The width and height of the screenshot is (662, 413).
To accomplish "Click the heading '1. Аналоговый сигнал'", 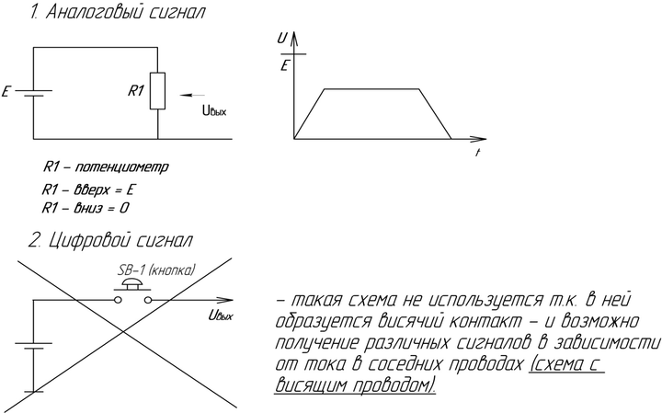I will (118, 14).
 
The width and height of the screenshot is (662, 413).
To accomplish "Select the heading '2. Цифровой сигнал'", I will (110, 241).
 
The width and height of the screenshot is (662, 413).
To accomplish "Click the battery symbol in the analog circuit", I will (33, 93).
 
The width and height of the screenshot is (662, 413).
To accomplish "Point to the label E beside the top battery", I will (7, 93).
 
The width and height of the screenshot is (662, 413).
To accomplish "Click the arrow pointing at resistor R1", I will (193, 94).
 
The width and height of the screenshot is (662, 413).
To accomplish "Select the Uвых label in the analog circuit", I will (213, 111).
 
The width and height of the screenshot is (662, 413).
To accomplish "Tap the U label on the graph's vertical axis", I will (282, 39).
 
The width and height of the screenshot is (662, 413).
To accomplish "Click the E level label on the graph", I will (285, 66).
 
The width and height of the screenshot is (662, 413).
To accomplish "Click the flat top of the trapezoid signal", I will (372, 88).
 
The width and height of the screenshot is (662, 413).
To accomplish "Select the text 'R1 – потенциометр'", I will (106, 168).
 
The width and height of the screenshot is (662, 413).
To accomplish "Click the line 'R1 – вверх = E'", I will (89, 189).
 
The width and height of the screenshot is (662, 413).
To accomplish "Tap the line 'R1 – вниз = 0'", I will (85, 209).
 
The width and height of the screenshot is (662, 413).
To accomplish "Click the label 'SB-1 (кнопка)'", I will (155, 271).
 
